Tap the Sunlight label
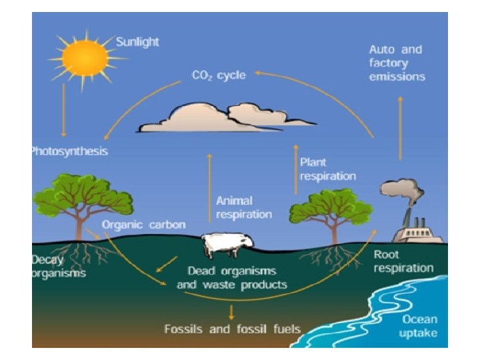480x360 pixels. (138, 41)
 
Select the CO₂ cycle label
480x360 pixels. (219, 75)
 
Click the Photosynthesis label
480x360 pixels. (69, 151)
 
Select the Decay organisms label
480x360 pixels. (59, 267)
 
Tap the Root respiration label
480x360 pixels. (403, 261)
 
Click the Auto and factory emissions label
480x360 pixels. (397, 63)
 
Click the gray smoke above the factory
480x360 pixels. (405, 193)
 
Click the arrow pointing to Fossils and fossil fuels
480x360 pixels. (231, 311)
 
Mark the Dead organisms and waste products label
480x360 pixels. (232, 278)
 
